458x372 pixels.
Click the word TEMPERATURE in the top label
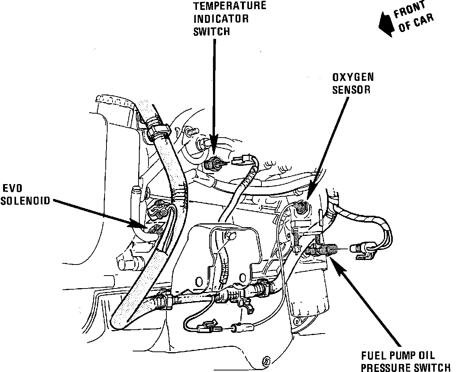230,6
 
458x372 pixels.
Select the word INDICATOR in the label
221,18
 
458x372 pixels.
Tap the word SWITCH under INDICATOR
212,31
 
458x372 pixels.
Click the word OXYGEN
353,77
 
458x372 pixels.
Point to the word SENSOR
352,90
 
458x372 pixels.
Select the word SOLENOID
26,200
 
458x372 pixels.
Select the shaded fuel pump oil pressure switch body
323,250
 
